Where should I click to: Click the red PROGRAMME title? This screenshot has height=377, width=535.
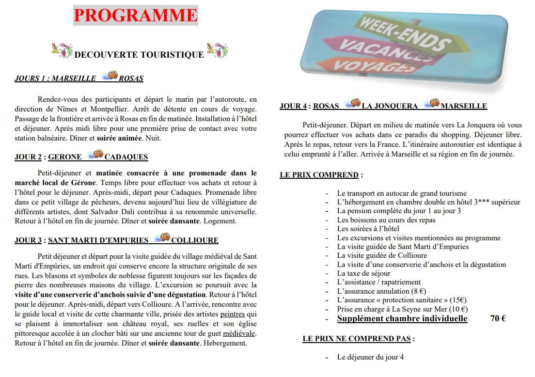pyautogui.click(x=136, y=16)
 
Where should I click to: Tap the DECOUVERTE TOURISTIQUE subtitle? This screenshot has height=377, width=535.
pyautogui.click(x=139, y=55)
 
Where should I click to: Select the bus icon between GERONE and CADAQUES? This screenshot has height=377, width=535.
pyautogui.click(x=95, y=155)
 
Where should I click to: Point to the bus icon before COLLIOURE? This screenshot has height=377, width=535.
pyautogui.click(x=162, y=237)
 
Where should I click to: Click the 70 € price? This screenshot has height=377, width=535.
pyautogui.click(x=498, y=318)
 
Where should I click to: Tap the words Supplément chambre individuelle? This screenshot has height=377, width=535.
pyautogui.click(x=402, y=318)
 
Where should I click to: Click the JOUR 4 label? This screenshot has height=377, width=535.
pyautogui.click(x=293, y=106)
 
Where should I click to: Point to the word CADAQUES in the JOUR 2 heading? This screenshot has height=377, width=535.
pyautogui.click(x=126, y=157)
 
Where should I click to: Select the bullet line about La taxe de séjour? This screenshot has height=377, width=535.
pyautogui.click(x=364, y=273)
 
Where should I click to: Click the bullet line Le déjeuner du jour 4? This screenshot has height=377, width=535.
pyautogui.click(x=370, y=357)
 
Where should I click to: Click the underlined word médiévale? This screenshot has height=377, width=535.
pyautogui.click(x=239, y=334)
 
